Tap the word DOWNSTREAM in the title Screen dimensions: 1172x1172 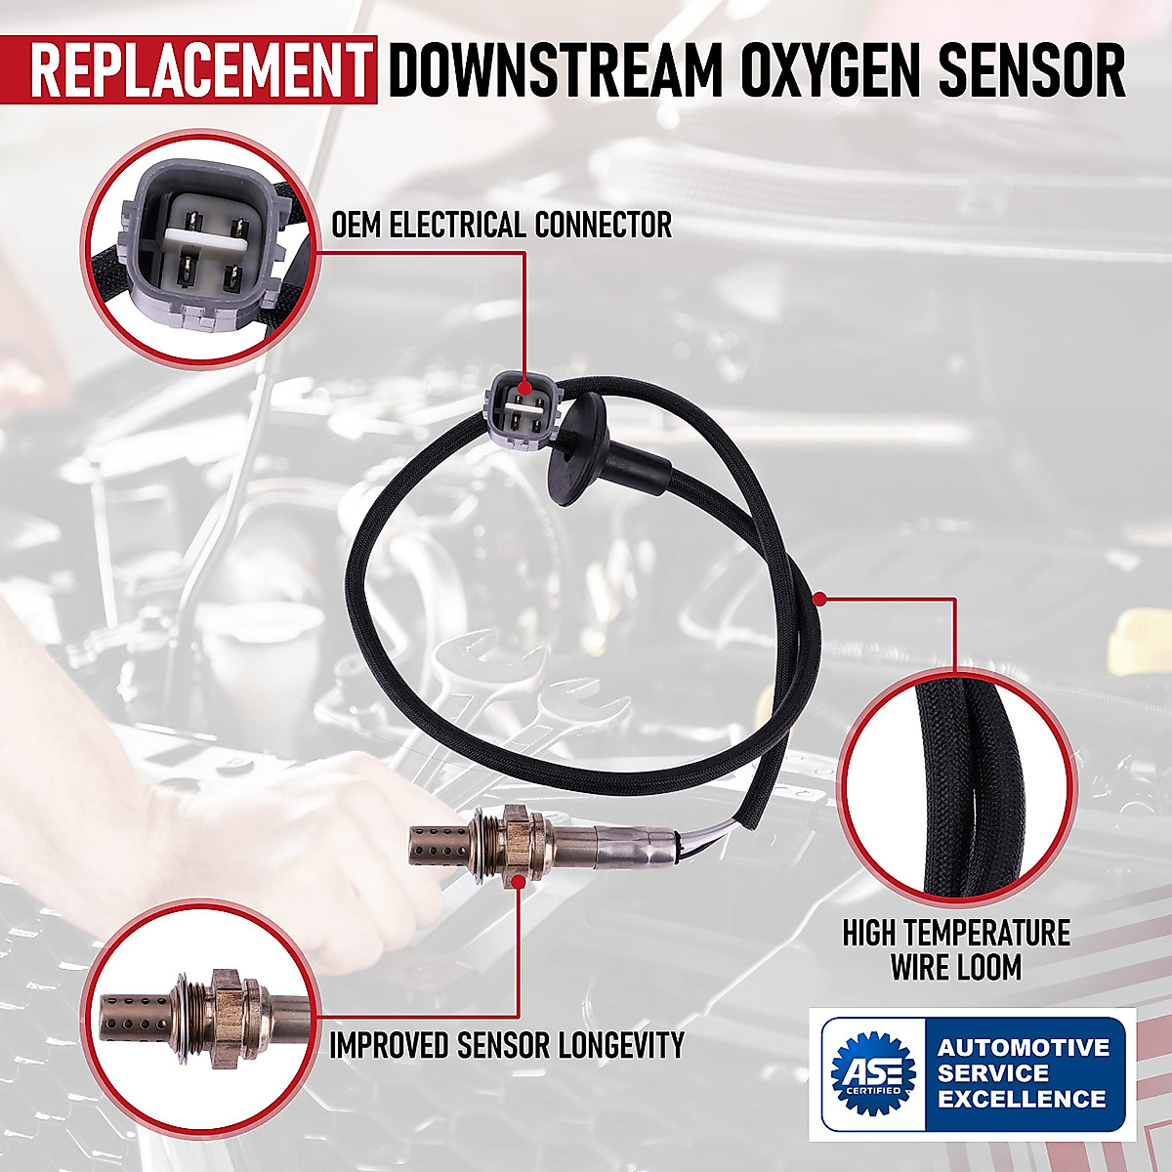(546, 70)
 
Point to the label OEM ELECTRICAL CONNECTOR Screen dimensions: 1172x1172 (502, 225)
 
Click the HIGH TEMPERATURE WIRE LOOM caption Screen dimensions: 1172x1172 (956, 949)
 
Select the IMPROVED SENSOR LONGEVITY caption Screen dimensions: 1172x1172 (506, 1044)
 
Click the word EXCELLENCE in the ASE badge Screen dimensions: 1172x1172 (1022, 1099)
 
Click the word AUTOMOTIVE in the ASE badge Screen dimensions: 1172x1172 (1024, 1047)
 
